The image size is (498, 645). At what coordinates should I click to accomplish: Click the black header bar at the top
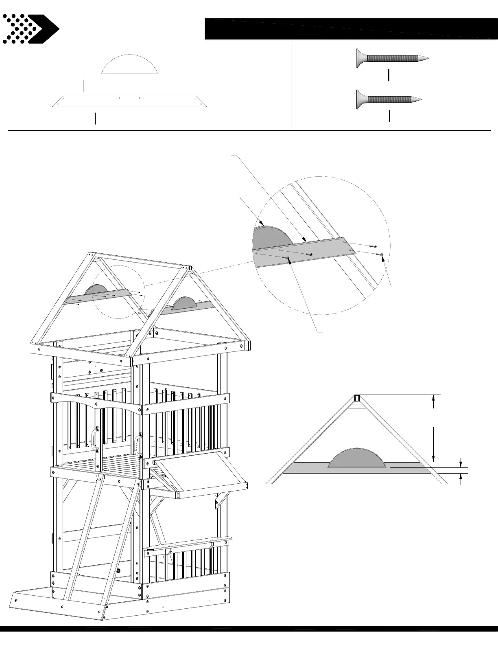coord(350,29)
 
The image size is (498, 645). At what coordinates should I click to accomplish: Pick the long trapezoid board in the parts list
coord(129,102)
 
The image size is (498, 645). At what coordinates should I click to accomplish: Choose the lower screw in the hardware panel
coord(389,99)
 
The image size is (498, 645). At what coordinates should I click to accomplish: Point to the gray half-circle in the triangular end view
coord(356,459)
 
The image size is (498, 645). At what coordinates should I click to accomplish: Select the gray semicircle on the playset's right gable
coord(184,303)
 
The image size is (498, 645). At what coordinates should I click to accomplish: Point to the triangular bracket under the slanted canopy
coord(222,499)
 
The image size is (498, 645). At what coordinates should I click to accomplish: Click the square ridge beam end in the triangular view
coord(357,398)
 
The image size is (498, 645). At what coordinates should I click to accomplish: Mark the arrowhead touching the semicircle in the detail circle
coord(262,224)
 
